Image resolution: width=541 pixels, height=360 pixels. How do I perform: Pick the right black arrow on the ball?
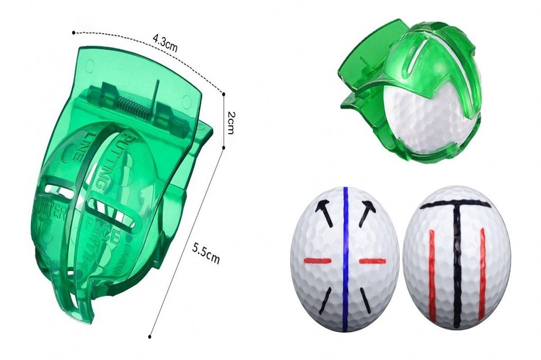pyautogui.click(x=367, y=212)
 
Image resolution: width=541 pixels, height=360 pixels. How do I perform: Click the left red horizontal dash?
pyautogui.click(x=318, y=261)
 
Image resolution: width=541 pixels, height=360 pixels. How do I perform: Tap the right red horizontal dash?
pyautogui.click(x=372, y=261)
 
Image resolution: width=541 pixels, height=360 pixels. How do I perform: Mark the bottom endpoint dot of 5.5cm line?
pyautogui.click(x=151, y=336)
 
